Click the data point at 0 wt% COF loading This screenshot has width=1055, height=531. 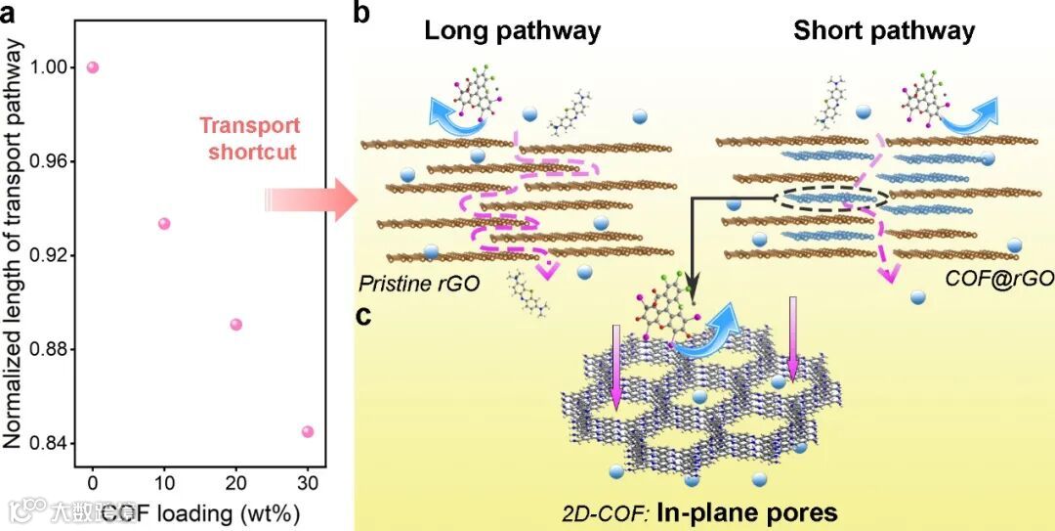pos(93,67)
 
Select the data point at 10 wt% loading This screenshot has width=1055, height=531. pos(164,224)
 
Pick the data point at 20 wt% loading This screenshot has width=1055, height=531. pos(235,325)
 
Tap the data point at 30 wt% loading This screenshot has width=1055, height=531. pos(308,431)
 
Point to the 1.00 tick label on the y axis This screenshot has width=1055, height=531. pos(51,67)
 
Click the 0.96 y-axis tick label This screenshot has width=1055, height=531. pos(51,161)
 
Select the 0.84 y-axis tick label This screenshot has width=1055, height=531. pos(51,445)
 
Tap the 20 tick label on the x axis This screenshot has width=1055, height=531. pos(235,482)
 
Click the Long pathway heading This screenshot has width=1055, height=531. pos(512,31)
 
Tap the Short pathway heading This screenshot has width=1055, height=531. pos(883,31)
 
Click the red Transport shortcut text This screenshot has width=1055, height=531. pos(250,138)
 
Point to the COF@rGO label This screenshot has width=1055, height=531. pos(998,280)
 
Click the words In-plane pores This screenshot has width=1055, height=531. pos(762,511)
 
